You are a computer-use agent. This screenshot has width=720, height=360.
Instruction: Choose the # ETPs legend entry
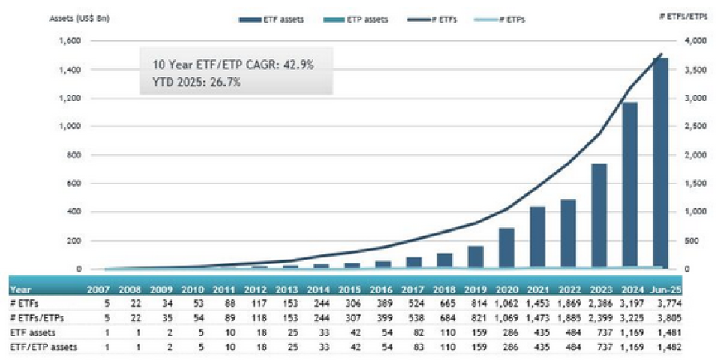[x=506, y=18]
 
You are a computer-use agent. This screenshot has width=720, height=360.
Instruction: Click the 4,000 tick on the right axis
[x=697, y=41]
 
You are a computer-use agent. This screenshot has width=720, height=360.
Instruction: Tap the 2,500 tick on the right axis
[x=697, y=127]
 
